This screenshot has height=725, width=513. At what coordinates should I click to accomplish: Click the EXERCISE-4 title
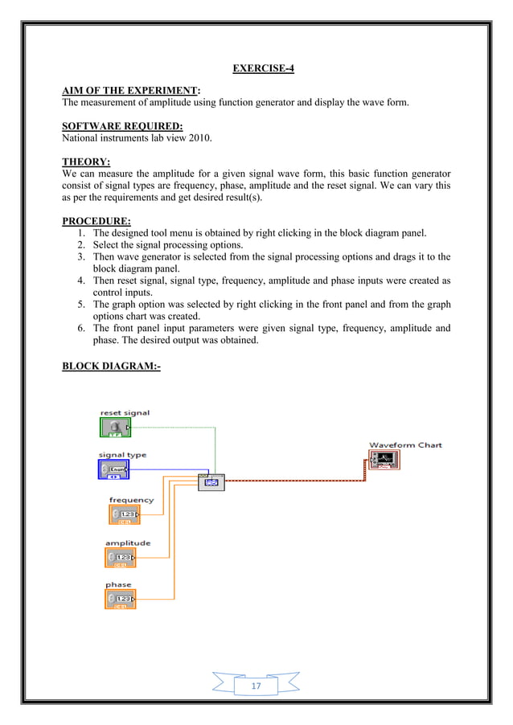point(263,68)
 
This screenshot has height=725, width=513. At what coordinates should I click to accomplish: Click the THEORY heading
point(86,161)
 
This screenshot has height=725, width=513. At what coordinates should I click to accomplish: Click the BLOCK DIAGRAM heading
point(111,367)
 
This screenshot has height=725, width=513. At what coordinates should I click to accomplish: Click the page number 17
point(256,686)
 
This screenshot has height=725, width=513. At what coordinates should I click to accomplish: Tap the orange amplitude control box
point(120,557)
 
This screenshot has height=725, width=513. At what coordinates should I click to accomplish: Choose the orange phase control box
point(120,600)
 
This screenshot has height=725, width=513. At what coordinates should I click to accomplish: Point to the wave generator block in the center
point(211,482)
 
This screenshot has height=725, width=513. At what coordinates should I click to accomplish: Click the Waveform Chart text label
point(405,444)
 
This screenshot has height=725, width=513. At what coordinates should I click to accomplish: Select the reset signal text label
point(125,412)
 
